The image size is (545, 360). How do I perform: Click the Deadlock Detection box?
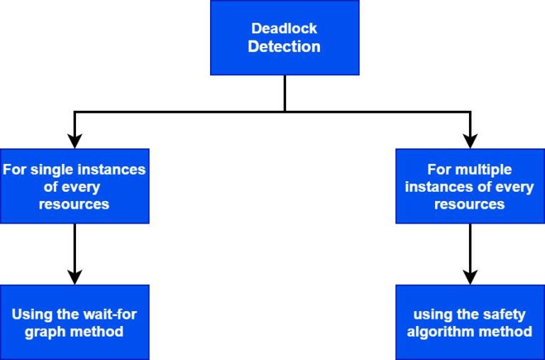coord(285,38)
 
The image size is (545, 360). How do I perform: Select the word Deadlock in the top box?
coord(285,29)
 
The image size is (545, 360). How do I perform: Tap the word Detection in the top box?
coord(285,48)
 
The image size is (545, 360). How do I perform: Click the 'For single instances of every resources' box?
coord(75,186)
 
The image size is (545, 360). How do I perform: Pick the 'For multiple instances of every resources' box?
coord(469,186)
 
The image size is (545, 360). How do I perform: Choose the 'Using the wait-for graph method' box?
coord(75,322)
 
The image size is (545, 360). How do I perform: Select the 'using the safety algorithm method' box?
coord(469,322)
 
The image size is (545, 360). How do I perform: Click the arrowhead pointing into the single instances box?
coord(75,140)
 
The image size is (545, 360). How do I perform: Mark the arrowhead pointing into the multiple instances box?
coord(469,140)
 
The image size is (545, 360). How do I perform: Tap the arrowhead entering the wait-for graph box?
coord(75,276)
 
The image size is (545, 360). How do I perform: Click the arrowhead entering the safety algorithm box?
coord(469,276)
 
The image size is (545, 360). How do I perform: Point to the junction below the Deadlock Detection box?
coord(285,111)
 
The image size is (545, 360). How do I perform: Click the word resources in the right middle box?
coord(469,204)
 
